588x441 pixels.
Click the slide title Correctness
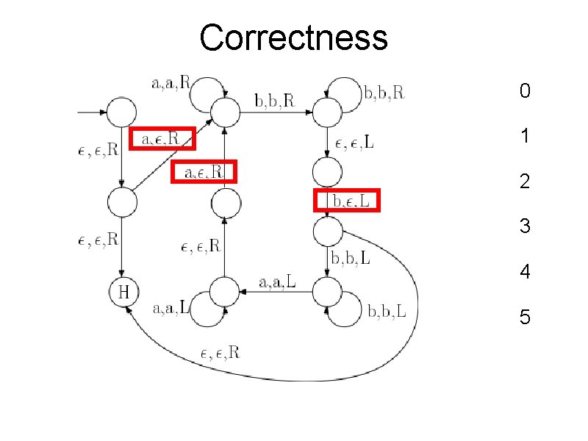pyautogui.click(x=293, y=37)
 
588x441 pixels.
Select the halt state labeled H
pyautogui.click(x=123, y=293)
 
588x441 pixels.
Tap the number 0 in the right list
pyautogui.click(x=524, y=91)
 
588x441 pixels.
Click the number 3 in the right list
pyautogui.click(x=524, y=226)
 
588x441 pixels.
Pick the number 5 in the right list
pyautogui.click(x=524, y=318)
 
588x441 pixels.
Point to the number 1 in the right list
pyautogui.click(x=524, y=137)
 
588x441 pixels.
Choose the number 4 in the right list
pyautogui.click(x=524, y=272)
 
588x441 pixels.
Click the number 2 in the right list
pyautogui.click(x=524, y=181)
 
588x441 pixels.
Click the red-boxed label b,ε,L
pyautogui.click(x=347, y=200)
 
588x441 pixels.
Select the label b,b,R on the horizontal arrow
pyautogui.click(x=274, y=101)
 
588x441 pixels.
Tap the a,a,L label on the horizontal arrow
pyautogui.click(x=278, y=282)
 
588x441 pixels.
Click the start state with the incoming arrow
pyautogui.click(x=121, y=112)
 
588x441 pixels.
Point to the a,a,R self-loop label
pyautogui.click(x=171, y=84)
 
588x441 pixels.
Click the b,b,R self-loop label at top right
pyautogui.click(x=384, y=93)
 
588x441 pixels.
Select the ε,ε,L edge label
pyautogui.click(x=354, y=143)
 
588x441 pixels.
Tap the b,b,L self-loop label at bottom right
pyautogui.click(x=387, y=312)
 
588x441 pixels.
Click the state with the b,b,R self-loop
pyautogui.click(x=327, y=112)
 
